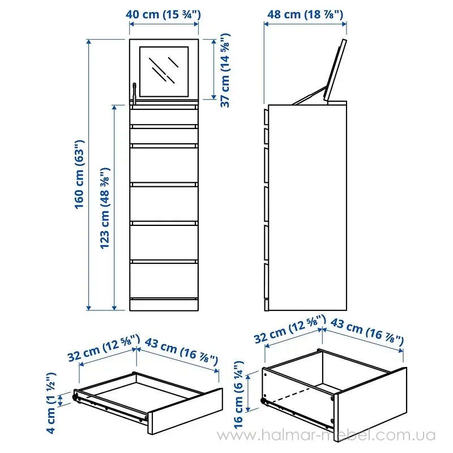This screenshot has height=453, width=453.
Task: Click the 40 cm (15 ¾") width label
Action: (x=163, y=14)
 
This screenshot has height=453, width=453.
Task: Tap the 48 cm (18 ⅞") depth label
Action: (x=305, y=14)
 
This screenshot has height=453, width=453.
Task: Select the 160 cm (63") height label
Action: (x=79, y=174)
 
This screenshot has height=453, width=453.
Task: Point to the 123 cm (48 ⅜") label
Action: (x=105, y=208)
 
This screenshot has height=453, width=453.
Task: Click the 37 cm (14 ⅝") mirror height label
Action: (x=225, y=70)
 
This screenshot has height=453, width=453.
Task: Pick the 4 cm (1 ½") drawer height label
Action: (x=51, y=403)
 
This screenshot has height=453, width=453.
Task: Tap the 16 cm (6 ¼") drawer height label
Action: (x=239, y=395)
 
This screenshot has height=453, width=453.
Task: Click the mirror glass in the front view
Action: (x=164, y=72)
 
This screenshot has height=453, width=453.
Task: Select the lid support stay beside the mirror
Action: (x=134, y=93)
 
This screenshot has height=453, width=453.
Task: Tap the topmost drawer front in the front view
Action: (x=164, y=117)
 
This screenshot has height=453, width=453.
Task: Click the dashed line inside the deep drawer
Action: (x=291, y=395)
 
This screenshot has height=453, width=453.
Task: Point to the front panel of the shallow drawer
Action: (x=186, y=412)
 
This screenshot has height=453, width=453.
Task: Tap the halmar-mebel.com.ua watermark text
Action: (x=327, y=435)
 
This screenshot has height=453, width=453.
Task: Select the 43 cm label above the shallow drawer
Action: (x=181, y=351)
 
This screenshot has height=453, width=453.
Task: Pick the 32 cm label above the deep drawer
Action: (x=290, y=330)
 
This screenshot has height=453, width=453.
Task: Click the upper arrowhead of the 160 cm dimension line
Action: (x=89, y=42)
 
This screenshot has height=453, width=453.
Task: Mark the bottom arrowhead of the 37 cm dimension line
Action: (x=214, y=96)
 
